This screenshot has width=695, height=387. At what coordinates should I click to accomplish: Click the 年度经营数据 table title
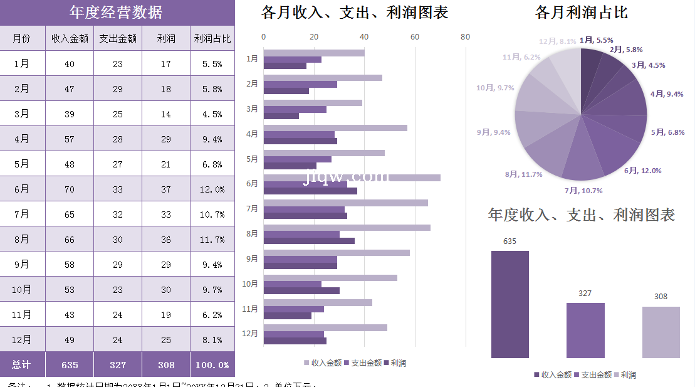click(x=117, y=13)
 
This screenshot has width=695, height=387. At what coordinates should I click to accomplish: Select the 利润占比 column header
click(x=212, y=38)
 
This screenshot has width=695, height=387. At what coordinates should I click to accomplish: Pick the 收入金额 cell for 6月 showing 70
click(x=70, y=189)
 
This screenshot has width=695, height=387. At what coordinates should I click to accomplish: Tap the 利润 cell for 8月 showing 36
click(x=166, y=240)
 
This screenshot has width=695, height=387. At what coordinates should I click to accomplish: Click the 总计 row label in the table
click(x=22, y=364)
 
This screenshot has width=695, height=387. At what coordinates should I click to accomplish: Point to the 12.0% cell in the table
click(x=212, y=189)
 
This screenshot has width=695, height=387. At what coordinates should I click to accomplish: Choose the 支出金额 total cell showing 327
click(x=118, y=364)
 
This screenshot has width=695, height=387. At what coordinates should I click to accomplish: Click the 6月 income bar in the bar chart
click(x=352, y=178)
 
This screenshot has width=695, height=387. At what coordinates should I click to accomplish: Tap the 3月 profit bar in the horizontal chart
click(x=281, y=116)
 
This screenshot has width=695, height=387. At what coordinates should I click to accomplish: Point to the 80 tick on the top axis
click(x=465, y=37)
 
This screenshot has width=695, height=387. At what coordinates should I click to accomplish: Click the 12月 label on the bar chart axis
click(x=250, y=334)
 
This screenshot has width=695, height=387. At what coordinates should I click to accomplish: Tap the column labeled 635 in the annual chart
click(x=509, y=304)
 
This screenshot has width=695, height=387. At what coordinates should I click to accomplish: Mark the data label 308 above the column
click(x=661, y=297)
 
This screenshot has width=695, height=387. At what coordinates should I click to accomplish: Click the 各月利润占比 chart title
click(x=581, y=13)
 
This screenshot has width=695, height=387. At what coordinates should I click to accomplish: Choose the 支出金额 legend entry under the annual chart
click(x=593, y=375)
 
